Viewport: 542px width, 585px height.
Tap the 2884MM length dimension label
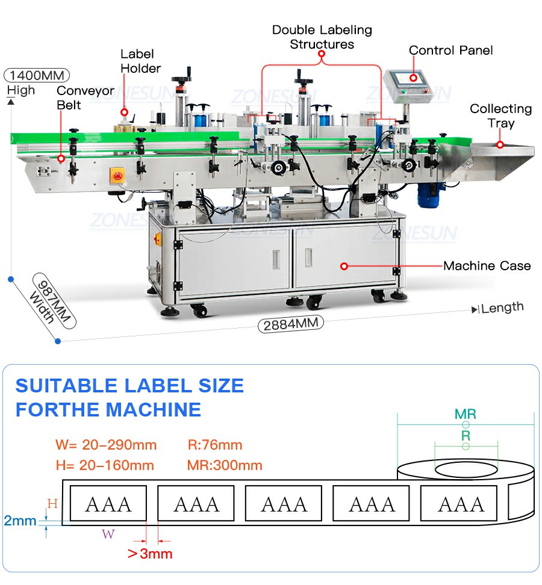tap(291, 324)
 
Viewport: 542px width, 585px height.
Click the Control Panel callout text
tap(450, 50)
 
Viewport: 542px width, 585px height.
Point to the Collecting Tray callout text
tap(501, 116)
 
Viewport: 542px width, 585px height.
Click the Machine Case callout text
tap(487, 265)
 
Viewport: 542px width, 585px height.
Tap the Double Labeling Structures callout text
tap(322, 37)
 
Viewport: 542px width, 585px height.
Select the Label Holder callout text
tap(140, 61)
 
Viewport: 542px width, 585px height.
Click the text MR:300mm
tap(225, 465)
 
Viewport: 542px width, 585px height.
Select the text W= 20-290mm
tap(106, 445)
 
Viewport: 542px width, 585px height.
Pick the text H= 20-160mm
tap(105, 465)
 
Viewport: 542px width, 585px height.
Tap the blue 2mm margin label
tap(20, 521)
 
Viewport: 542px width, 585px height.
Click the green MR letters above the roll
tap(466, 414)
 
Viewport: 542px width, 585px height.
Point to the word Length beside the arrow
tap(502, 308)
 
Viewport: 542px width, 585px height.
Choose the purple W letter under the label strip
tap(108, 534)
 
